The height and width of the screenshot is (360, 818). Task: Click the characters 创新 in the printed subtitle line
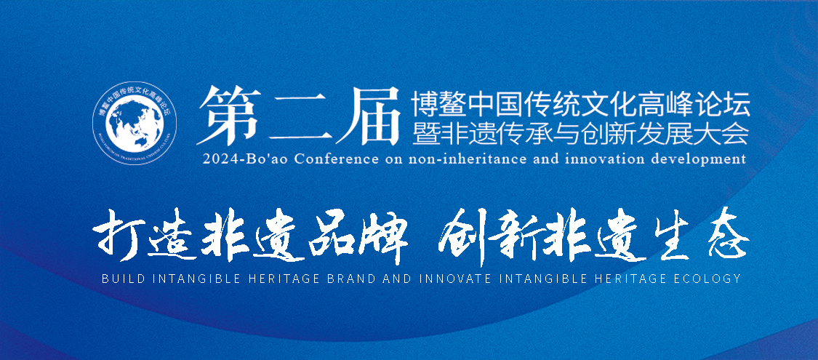click(608, 133)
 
